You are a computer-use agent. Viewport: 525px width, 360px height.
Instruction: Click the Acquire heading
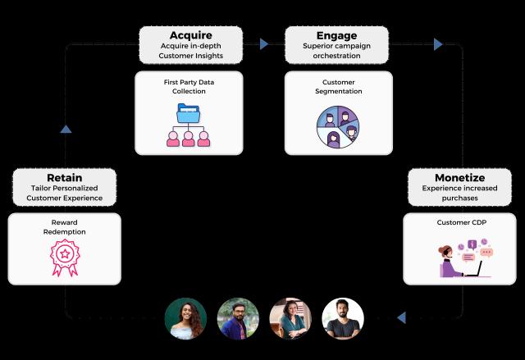(190, 35)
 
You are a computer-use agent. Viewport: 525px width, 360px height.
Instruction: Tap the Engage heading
(336, 35)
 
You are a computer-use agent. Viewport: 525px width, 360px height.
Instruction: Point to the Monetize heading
(459, 177)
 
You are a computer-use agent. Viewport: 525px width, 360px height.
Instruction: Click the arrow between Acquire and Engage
(263, 44)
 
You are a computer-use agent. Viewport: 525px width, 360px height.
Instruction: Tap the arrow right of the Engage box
(439, 44)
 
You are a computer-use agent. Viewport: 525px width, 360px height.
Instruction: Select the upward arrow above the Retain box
(66, 128)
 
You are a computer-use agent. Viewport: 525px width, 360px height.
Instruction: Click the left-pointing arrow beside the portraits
(401, 317)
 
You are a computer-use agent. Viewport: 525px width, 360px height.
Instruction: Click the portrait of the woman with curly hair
(185, 319)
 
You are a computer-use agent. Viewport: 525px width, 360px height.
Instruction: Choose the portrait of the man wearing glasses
(238, 319)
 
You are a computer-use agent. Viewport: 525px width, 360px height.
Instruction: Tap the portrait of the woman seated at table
(290, 319)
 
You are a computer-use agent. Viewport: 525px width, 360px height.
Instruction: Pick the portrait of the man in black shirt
(342, 319)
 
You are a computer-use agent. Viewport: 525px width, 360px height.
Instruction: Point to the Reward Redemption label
(63, 227)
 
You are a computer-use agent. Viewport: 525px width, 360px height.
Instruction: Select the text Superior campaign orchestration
(336, 52)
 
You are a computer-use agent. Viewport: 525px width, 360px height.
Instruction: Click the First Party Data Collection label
(189, 87)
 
